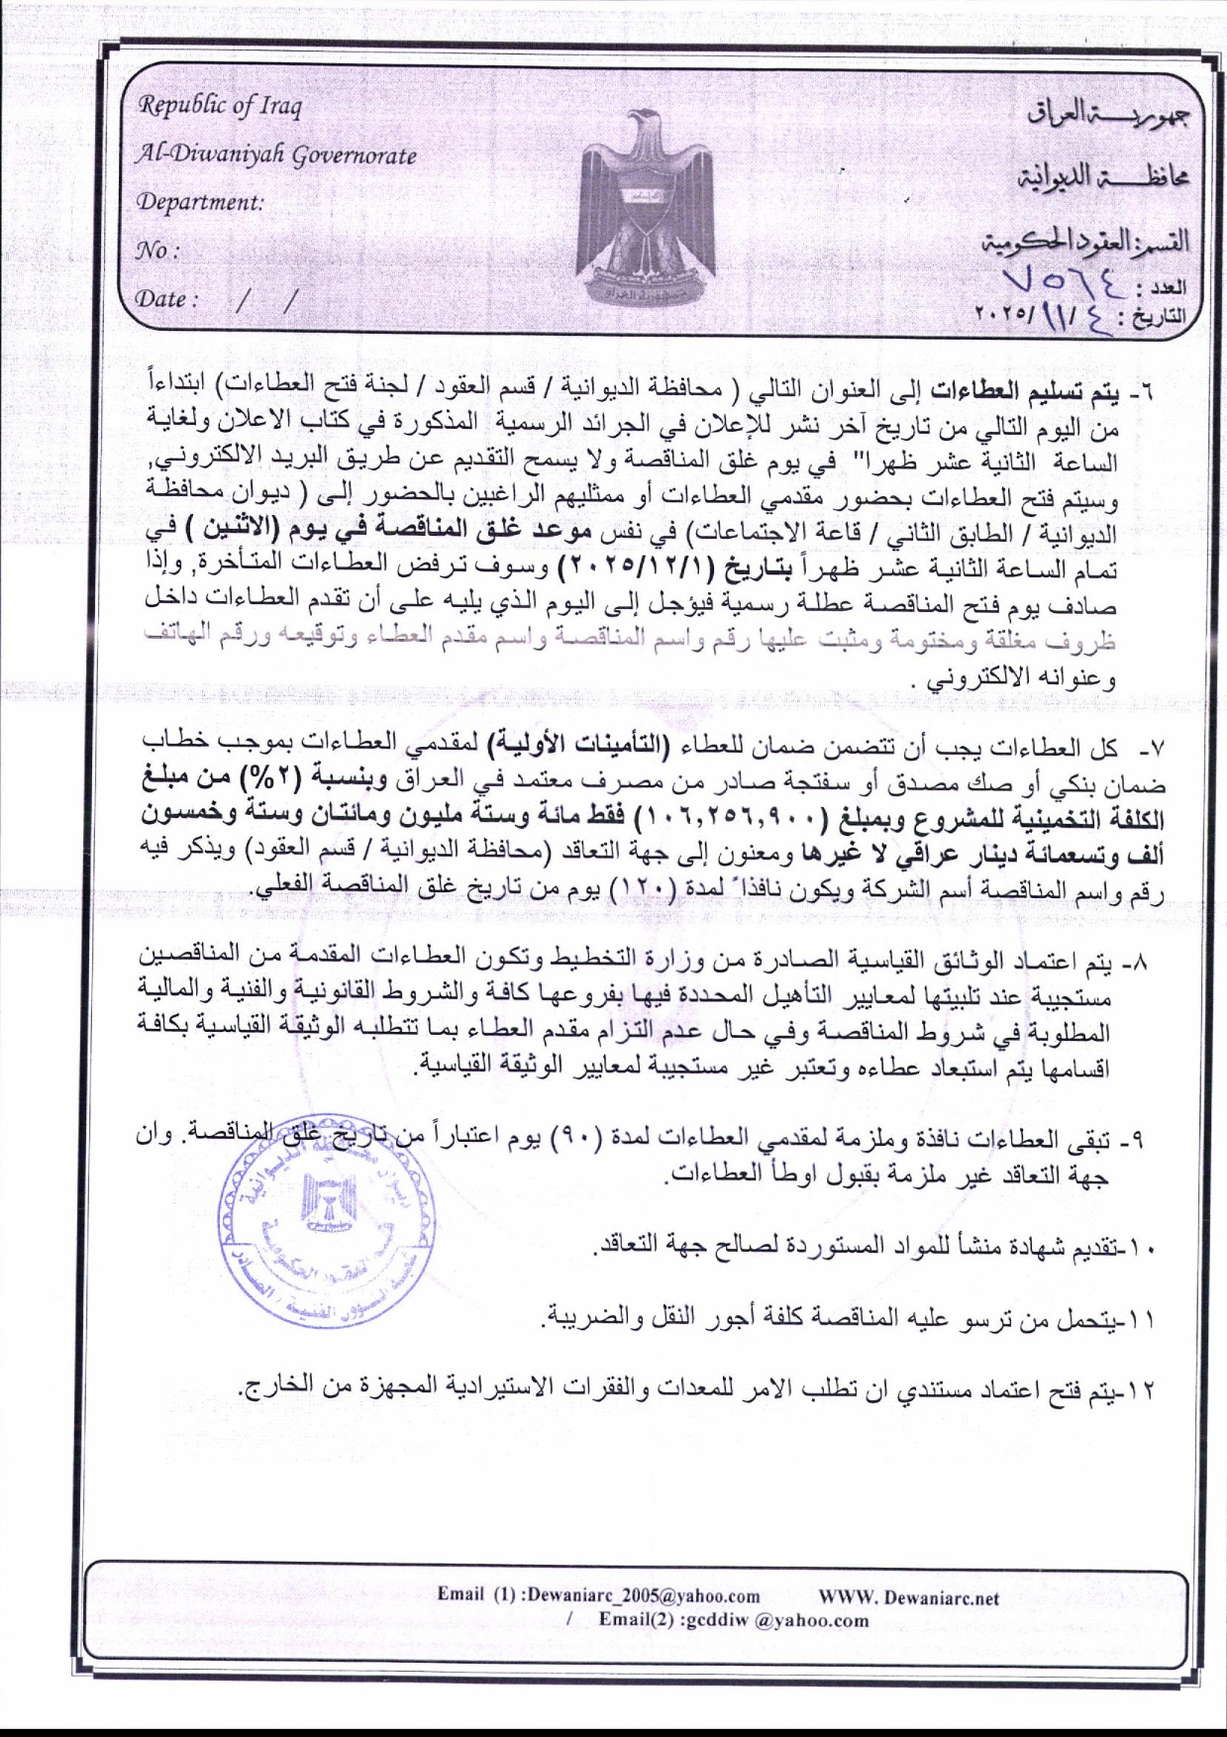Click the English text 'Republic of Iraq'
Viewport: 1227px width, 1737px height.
tap(220, 105)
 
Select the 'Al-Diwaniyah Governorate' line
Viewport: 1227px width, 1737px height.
tap(275, 154)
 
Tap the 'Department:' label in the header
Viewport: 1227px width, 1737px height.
tap(200, 202)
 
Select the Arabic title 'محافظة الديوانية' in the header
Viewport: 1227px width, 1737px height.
tap(1102, 178)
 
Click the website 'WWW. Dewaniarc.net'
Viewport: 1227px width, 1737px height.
tap(908, 1596)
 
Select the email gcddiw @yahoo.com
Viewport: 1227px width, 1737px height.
tap(734, 1620)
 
